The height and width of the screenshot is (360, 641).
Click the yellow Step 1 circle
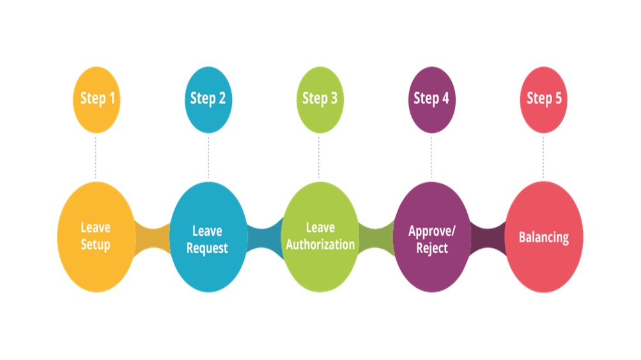tap(97, 100)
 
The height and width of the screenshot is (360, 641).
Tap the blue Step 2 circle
tap(208, 100)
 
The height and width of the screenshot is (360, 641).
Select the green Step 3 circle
tap(320, 100)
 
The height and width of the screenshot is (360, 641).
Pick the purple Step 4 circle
tap(431, 100)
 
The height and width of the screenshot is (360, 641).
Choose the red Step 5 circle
tap(544, 100)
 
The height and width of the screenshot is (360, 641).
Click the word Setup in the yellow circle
tap(95, 245)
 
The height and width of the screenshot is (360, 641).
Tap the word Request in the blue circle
tap(207, 248)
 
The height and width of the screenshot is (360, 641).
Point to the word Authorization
tap(320, 245)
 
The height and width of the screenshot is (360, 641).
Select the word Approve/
tap(431, 231)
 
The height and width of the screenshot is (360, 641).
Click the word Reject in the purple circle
tap(432, 248)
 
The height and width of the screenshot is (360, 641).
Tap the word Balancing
tap(544, 237)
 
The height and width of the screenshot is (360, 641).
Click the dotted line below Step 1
tap(96, 157)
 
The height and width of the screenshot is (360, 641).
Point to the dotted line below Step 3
tap(319, 157)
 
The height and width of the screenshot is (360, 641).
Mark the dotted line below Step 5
tap(543, 157)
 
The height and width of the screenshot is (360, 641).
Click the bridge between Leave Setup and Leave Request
tap(153, 238)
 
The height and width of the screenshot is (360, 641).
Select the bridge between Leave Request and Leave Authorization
tap(265, 238)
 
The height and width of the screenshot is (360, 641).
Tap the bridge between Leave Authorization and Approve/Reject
tap(376, 238)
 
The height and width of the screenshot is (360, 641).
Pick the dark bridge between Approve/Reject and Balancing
tap(488, 238)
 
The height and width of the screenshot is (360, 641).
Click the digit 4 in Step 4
tap(445, 98)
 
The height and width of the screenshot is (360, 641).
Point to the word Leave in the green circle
tap(321, 228)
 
